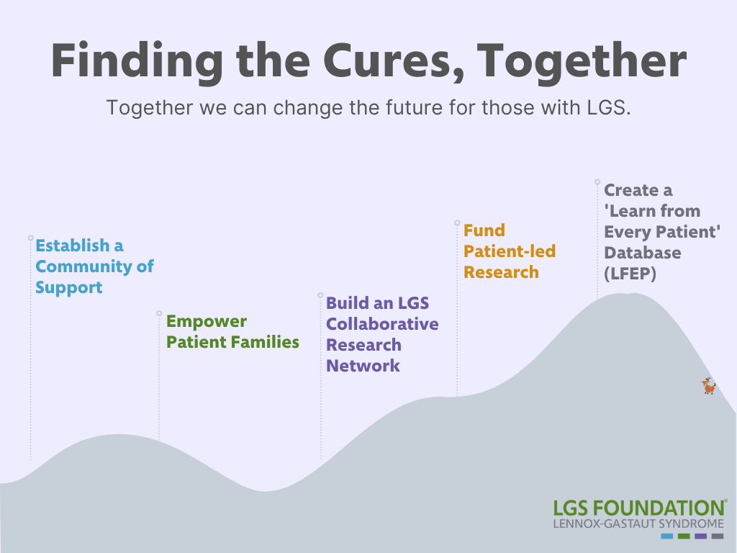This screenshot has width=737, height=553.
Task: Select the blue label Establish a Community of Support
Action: coord(94,266)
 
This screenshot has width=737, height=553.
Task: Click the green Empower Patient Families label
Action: coord(232,332)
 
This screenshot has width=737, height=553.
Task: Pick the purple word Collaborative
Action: coord(382,324)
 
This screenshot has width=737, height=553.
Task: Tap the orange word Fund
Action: coord(484,230)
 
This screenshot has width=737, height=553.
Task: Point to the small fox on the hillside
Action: coord(709,387)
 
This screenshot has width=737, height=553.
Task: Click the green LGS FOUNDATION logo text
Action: coord(638,508)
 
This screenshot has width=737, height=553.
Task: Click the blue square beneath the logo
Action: coord(666,536)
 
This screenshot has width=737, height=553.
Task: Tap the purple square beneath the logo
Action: coord(700,536)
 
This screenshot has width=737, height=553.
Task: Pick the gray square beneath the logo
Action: coord(717,536)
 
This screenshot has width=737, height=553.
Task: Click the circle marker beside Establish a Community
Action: coord(31,238)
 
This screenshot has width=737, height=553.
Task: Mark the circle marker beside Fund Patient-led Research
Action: coord(457,223)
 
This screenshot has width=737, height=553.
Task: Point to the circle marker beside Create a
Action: coord(597,183)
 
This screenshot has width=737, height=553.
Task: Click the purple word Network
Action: coord(363,366)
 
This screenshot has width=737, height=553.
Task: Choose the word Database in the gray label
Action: coord(642,253)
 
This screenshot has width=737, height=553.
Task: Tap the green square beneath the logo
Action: coord(684,536)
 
